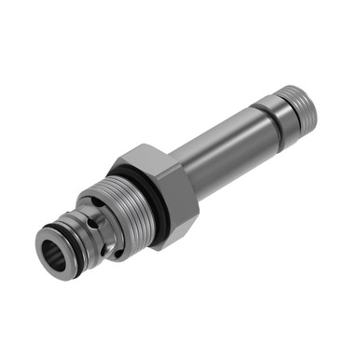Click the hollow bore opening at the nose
50,250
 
